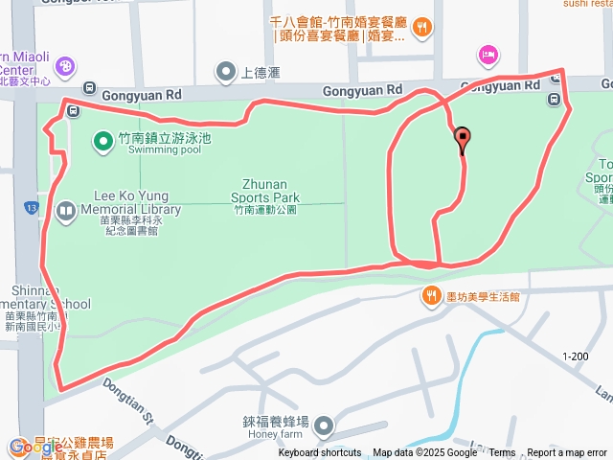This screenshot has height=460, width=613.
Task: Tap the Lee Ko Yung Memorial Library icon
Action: point(66,210)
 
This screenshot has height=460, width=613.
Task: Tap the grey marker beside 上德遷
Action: point(226,71)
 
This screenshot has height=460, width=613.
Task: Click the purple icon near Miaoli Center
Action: point(65,67)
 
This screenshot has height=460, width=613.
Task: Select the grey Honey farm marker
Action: point(325,425)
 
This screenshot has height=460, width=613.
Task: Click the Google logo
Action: point(35,447)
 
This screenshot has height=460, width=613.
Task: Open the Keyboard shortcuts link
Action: point(320,453)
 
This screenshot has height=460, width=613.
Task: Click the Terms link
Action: point(502,453)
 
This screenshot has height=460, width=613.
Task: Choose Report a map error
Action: point(568,453)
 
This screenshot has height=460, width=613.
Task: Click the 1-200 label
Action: point(576,356)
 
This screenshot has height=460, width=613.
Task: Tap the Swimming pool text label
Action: point(164,149)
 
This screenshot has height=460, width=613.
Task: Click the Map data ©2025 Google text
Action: point(424,453)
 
